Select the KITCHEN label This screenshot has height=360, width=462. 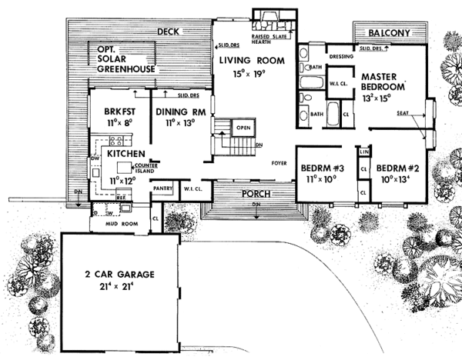point(126,154)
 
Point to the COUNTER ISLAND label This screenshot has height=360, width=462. point(146,168)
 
